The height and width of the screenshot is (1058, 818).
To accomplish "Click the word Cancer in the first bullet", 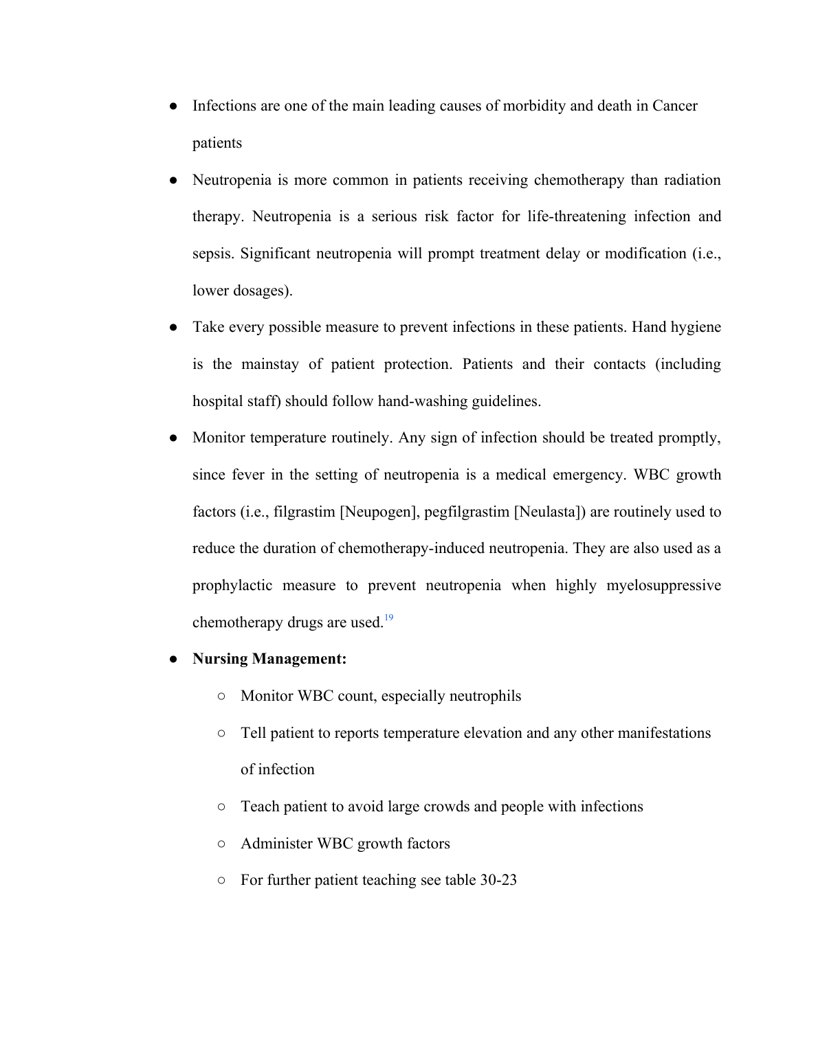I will pyautogui.click(x=674, y=106).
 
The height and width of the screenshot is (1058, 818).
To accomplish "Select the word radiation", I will pyautogui.click(x=692, y=180).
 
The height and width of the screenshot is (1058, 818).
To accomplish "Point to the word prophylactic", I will pyautogui.click(x=232, y=585).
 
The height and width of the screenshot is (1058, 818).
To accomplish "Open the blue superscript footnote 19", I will pyautogui.click(x=388, y=618).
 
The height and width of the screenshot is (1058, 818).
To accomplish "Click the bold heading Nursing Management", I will pyautogui.click(x=269, y=659).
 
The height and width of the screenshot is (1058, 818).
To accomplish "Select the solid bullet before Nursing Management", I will pyautogui.click(x=174, y=659).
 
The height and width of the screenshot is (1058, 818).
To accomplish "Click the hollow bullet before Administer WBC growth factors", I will pyautogui.click(x=221, y=844).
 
